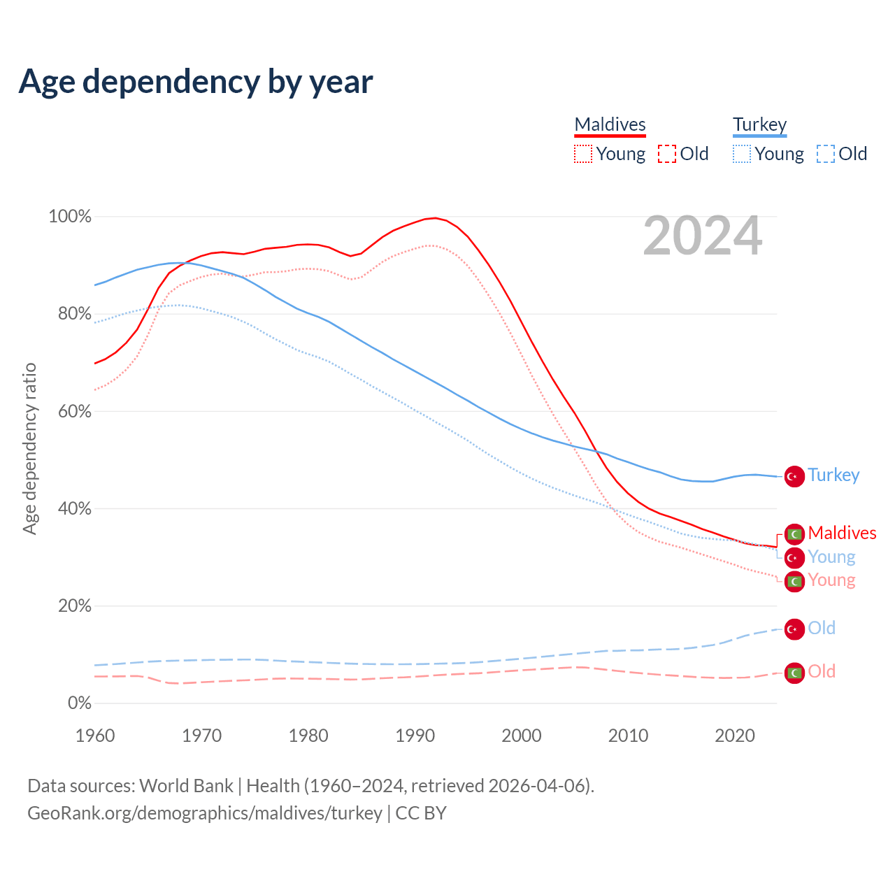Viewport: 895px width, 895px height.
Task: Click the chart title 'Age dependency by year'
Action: coord(196,82)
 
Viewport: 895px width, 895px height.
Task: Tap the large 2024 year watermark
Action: coord(702,236)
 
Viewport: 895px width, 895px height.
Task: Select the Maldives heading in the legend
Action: coord(610,124)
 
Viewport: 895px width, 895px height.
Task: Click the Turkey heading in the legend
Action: coord(759,124)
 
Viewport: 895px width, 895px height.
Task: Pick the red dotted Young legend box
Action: coord(583,154)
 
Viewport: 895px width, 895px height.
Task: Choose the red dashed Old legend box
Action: coord(667,154)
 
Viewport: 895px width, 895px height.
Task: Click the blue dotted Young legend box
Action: coord(742,154)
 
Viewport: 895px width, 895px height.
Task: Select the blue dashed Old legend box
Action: coord(826,154)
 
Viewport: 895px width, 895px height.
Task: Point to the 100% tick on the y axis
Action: coord(69,217)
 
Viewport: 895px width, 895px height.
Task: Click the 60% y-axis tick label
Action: coord(74,411)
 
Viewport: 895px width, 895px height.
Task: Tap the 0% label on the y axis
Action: coord(79,703)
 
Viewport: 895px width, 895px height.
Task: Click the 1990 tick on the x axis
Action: coord(415,736)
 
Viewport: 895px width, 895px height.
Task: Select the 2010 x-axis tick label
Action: coord(628,736)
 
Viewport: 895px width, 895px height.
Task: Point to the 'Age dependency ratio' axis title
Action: coord(29,448)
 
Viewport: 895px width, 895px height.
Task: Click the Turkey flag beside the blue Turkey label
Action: coord(794,476)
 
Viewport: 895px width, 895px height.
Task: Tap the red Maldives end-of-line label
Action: coord(842,533)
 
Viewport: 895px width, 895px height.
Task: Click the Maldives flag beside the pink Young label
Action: coord(794,581)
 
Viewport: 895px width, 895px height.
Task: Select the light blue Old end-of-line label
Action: coord(822,628)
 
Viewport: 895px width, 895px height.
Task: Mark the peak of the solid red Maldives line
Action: coord(436,218)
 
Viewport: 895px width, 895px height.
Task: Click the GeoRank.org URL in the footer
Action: coord(204,813)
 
